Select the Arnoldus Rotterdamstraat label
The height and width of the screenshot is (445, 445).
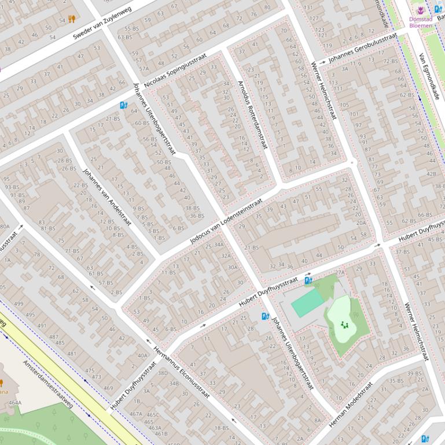point(252,114)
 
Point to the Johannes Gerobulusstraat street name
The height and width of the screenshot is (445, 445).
point(363,47)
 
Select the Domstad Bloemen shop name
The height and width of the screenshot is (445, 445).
point(420,22)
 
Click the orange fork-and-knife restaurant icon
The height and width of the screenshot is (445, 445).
point(72,19)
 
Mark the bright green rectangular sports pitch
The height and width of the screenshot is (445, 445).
point(307,303)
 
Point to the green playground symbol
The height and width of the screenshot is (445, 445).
point(345,325)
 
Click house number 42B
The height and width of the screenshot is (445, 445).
point(431,173)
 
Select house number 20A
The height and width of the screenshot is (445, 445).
point(361,222)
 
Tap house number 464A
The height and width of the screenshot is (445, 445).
point(15,403)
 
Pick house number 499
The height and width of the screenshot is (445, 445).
point(19,303)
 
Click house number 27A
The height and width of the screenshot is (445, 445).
point(340,272)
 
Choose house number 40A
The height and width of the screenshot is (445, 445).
point(142,355)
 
